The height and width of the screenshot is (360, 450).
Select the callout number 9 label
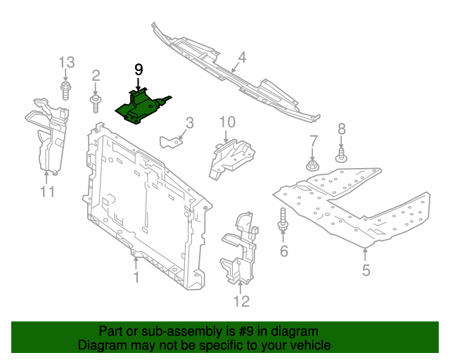[x=139, y=69]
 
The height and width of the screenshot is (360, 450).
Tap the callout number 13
[x=65, y=62]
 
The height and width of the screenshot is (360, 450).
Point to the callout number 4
[x=241, y=57]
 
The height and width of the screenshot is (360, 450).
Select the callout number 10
[x=226, y=122]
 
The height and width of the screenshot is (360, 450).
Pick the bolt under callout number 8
[x=341, y=155]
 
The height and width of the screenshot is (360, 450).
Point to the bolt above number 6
[x=284, y=220]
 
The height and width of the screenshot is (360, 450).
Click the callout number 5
[x=366, y=269]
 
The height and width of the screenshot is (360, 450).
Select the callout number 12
[x=241, y=302]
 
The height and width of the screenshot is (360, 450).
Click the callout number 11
[x=46, y=191]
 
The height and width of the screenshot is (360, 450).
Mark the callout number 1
[x=136, y=278]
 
